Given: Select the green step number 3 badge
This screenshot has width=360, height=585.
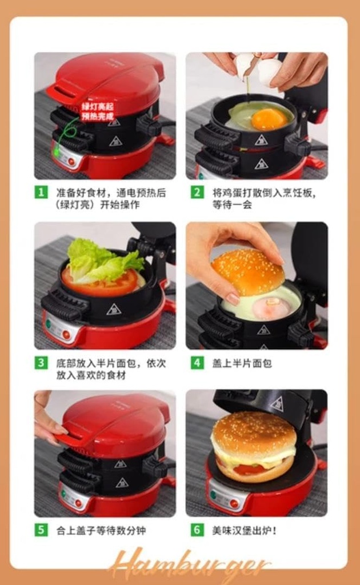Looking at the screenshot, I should point(41,363).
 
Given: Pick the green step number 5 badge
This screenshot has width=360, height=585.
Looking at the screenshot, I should point(41,530).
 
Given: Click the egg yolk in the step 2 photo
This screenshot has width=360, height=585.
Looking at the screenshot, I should point(269,119).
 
